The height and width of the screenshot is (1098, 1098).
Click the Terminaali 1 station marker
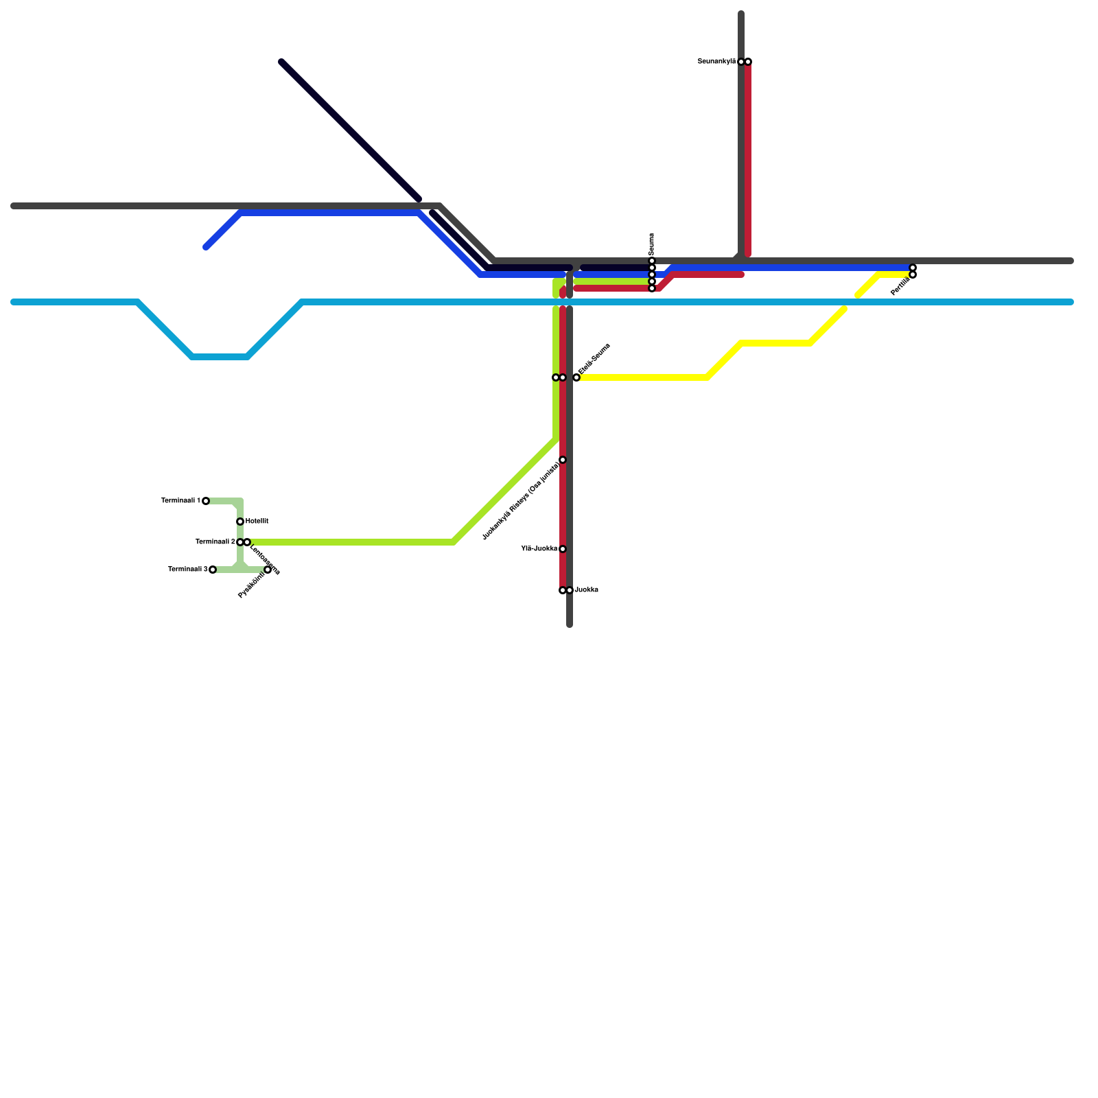206,501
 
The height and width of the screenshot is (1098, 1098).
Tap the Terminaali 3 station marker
213,570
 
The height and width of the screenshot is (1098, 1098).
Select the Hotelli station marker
240,522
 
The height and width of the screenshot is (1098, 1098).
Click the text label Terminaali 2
215,542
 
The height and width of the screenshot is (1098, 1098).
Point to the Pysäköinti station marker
268,570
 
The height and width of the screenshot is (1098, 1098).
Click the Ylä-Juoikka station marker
563,549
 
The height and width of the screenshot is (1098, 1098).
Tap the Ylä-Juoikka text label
539,549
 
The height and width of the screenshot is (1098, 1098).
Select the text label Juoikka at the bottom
587,590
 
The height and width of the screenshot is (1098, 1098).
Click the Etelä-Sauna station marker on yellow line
576,377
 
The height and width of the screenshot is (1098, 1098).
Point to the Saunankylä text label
716,62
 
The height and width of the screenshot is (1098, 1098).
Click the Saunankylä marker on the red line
748,62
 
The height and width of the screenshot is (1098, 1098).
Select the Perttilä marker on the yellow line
913,274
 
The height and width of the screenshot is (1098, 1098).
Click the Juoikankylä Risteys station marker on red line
563,460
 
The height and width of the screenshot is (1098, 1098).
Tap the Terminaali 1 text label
180,501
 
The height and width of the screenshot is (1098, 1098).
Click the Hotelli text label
257,522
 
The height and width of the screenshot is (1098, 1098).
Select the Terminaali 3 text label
187,570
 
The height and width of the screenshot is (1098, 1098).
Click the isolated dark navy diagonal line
350,130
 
